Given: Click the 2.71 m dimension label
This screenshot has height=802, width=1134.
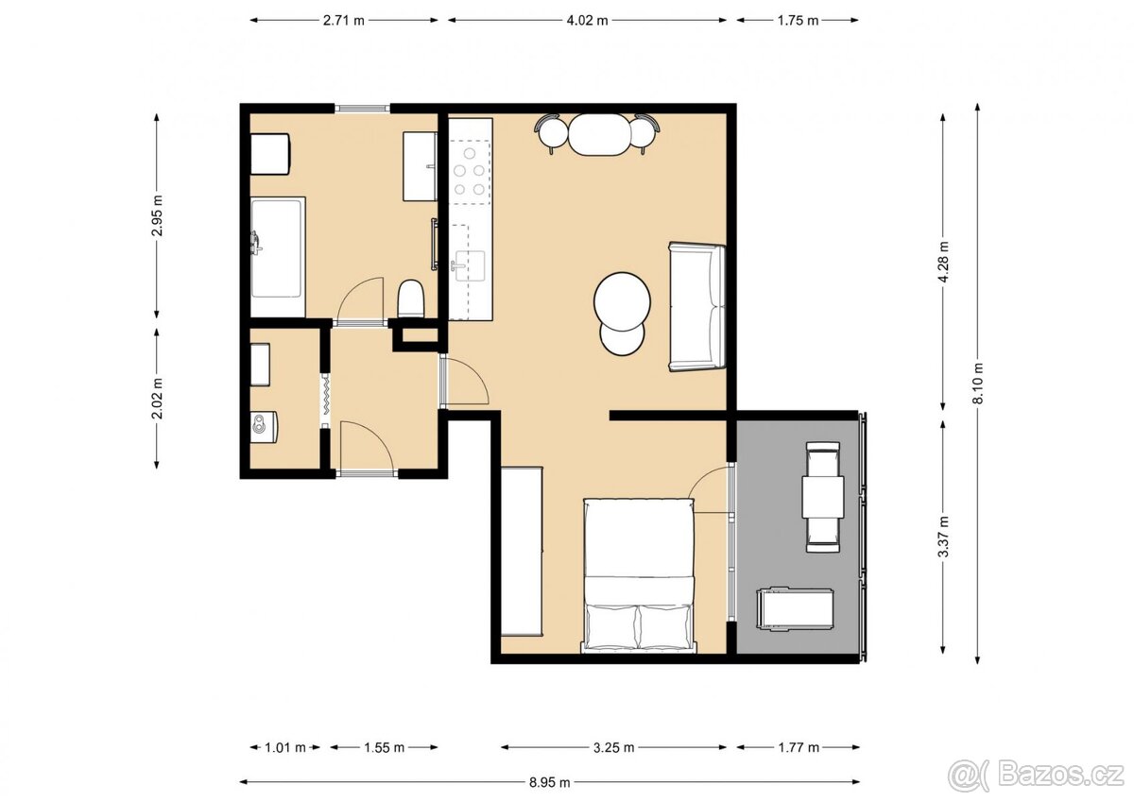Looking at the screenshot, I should pyautogui.click(x=344, y=20).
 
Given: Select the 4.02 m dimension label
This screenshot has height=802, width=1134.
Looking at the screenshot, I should pyautogui.click(x=587, y=20).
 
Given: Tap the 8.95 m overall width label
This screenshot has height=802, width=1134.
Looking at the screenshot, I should pyautogui.click(x=550, y=782).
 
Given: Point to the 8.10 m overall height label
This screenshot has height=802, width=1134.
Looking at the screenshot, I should pyautogui.click(x=978, y=384).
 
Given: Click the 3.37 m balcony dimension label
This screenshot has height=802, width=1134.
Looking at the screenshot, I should pyautogui.click(x=942, y=537).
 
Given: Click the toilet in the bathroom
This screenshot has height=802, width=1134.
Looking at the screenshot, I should pyautogui.click(x=411, y=299).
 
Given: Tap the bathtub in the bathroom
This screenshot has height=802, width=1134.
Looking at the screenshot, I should pyautogui.click(x=277, y=257).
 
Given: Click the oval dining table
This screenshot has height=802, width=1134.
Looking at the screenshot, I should pyautogui.click(x=597, y=134).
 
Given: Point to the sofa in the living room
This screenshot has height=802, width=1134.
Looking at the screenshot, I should pyautogui.click(x=697, y=307).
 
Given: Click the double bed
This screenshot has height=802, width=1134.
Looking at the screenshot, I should pyautogui.click(x=640, y=575).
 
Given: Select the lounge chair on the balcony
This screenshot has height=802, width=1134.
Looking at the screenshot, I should pyautogui.click(x=795, y=608).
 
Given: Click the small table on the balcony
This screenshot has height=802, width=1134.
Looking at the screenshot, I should pyautogui.click(x=822, y=497).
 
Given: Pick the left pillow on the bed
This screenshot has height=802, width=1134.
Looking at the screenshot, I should pyautogui.click(x=611, y=626).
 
